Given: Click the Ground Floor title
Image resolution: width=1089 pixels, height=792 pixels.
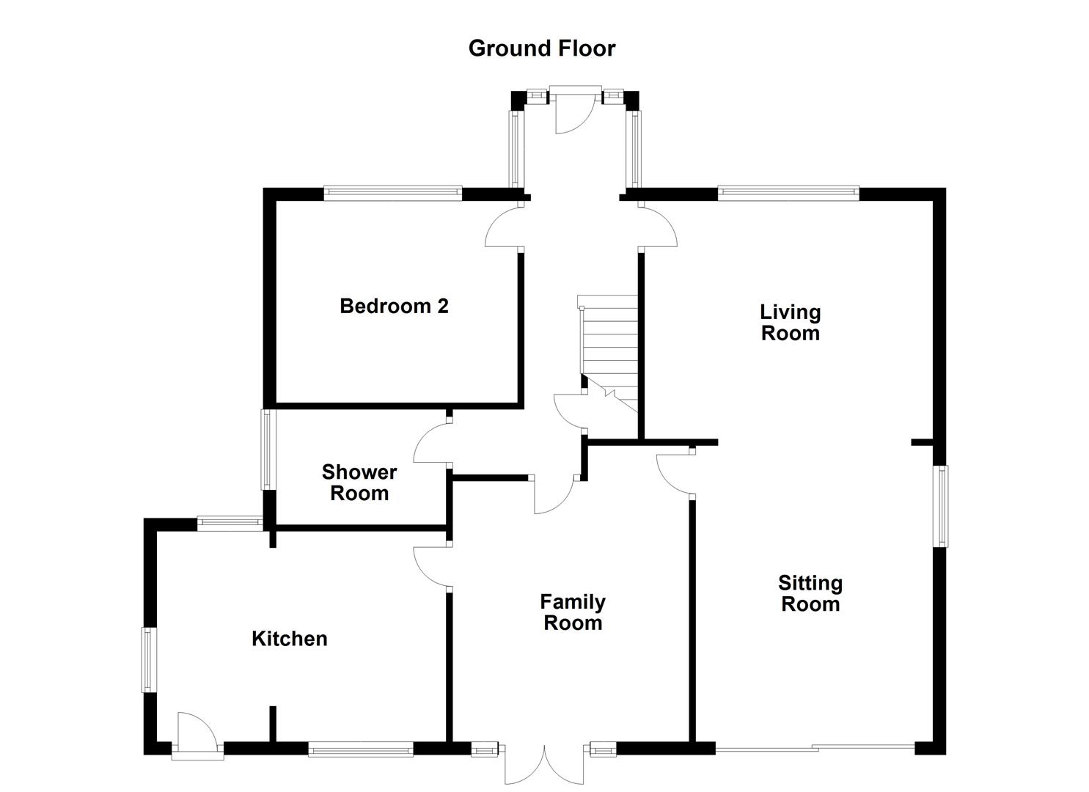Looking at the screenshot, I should click(x=542, y=48).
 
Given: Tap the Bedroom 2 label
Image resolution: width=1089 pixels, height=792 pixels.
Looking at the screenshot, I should click(x=394, y=306).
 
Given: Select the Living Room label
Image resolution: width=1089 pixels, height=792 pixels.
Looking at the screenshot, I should click(x=790, y=323).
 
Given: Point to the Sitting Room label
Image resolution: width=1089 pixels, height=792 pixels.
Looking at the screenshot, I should click(x=810, y=593).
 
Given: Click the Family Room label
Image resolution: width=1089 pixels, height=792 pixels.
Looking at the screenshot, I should click(x=572, y=612).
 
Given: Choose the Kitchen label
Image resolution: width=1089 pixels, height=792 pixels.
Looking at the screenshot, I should click(x=289, y=639).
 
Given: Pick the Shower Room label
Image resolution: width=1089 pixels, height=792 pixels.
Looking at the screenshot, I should click(x=359, y=483).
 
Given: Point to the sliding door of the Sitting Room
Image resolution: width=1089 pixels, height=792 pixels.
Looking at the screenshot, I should click(x=815, y=748).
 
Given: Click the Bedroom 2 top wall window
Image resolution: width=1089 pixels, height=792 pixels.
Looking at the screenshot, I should click(x=393, y=194).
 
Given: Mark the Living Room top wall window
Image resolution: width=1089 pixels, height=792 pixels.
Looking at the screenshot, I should click(x=788, y=194).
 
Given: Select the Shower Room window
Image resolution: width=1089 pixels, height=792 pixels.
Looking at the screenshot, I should click(x=267, y=449).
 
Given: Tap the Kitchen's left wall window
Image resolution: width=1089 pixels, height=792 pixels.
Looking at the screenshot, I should click(x=147, y=659).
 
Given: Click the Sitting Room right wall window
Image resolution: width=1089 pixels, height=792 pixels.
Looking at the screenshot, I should click(x=939, y=506).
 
